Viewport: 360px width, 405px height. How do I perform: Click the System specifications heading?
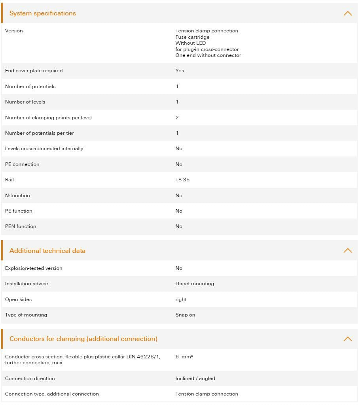point(43,13)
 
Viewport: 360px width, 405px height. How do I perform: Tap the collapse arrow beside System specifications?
point(347,13)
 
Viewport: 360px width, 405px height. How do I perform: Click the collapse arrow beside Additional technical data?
point(347,251)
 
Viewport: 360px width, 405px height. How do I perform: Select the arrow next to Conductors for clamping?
point(347,339)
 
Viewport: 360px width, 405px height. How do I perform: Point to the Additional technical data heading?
point(47,251)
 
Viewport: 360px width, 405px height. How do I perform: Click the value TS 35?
point(182,180)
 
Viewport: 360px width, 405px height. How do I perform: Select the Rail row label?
point(9,180)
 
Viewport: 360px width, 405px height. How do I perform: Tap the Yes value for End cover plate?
point(180,71)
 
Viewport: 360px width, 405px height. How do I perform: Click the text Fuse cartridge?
point(193,37)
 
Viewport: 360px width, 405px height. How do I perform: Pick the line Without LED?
point(191,43)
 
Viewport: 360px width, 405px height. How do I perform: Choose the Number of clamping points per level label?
point(48,118)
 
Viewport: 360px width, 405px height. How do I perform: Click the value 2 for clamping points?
point(177,118)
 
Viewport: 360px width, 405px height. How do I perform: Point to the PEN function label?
point(21,226)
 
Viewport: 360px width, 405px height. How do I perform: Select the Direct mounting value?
point(195,284)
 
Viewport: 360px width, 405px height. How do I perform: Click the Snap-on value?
point(185,315)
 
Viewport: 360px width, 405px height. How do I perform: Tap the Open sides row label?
point(18,300)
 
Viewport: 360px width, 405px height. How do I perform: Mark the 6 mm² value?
point(184,357)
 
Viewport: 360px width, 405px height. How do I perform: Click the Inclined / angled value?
point(195,379)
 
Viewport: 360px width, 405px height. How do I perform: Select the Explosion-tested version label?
point(34,268)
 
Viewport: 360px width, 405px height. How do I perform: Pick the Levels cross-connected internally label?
point(44,149)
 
